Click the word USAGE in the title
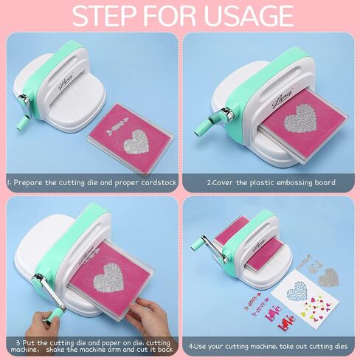click(x=249, y=15)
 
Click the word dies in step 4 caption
click(x=341, y=346)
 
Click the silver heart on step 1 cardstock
click(x=136, y=142)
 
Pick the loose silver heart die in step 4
click(x=329, y=277)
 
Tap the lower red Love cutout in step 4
click(x=286, y=322)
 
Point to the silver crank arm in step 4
click(x=215, y=249)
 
